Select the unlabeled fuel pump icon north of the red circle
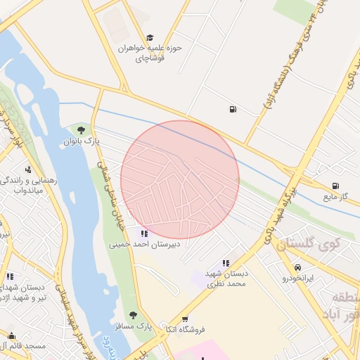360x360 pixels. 232,109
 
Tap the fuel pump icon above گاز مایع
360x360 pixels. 335,186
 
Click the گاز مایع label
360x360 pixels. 335,197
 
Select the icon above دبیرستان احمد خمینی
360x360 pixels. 144,233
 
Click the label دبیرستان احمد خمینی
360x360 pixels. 144,245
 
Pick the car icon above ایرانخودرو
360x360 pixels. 299,268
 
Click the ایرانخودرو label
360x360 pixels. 299,278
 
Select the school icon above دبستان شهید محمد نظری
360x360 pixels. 225,262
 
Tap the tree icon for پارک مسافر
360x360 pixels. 132,315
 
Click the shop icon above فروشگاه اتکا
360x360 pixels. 185,319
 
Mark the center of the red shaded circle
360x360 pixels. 180,179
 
